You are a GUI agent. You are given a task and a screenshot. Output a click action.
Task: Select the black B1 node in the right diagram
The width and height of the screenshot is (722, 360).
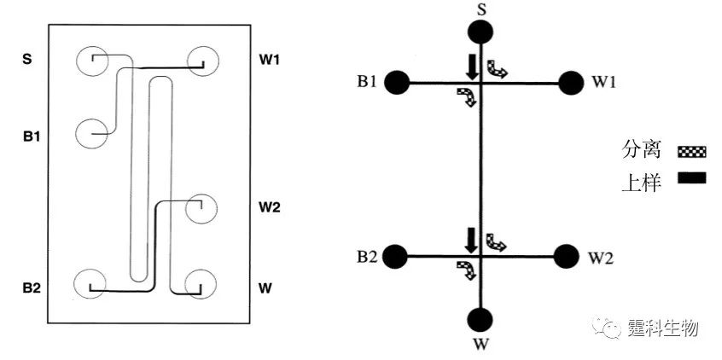pyautogui.click(x=395, y=83)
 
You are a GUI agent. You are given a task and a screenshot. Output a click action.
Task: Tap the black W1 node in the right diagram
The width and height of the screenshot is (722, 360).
pyautogui.click(x=569, y=83)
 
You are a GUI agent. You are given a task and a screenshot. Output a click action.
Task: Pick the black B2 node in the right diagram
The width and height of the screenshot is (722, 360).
pyautogui.click(x=394, y=255)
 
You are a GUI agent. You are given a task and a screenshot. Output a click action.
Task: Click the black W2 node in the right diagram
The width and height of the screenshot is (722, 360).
pyautogui.click(x=565, y=255)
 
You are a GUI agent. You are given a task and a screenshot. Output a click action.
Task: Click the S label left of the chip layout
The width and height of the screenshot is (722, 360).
pyautogui.click(x=26, y=60)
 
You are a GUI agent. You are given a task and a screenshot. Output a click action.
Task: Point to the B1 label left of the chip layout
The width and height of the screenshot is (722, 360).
pyautogui.click(x=32, y=136)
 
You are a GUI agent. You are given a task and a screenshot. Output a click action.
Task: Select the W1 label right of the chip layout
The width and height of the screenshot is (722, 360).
pyautogui.click(x=270, y=60)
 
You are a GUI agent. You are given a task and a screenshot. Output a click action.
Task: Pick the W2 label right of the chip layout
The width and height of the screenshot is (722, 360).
pyautogui.click(x=270, y=206)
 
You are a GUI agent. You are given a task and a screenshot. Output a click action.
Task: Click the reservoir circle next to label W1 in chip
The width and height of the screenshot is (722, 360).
pyautogui.click(x=203, y=60)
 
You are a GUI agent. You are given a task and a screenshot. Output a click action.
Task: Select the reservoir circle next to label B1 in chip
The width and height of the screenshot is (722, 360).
pyautogui.click(x=91, y=134)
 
